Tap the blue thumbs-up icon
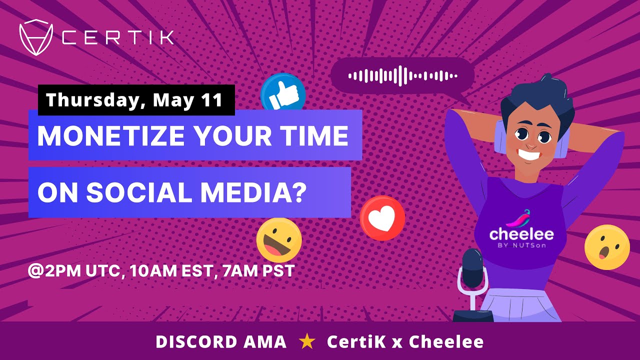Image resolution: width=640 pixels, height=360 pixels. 283,93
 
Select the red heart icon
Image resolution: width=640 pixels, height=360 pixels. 382,218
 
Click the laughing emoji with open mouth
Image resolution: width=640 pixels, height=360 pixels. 279,240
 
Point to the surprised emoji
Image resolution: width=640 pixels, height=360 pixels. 607,247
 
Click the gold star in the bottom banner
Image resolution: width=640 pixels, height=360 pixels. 307,342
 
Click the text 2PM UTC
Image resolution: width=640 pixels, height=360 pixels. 75,271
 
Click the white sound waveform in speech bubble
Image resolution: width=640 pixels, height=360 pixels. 402,75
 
